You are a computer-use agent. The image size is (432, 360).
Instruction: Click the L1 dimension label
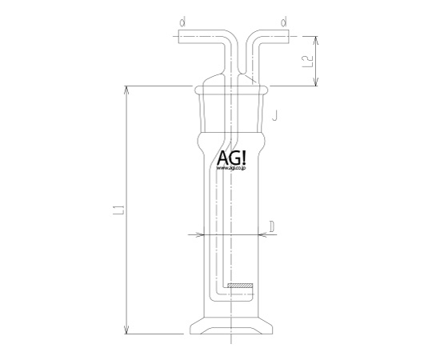point(119,210)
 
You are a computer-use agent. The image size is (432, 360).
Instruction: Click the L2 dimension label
point(308,62)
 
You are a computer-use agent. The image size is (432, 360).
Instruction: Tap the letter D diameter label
point(272,227)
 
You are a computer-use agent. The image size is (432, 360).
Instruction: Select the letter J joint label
point(274,115)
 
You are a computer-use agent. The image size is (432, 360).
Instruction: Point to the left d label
point(182,22)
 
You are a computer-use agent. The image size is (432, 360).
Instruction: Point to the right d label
point(283,22)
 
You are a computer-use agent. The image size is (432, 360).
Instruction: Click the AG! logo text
point(231,158)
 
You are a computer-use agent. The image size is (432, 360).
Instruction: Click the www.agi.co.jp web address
point(231,168)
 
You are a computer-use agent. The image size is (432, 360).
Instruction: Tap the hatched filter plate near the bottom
point(240,286)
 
